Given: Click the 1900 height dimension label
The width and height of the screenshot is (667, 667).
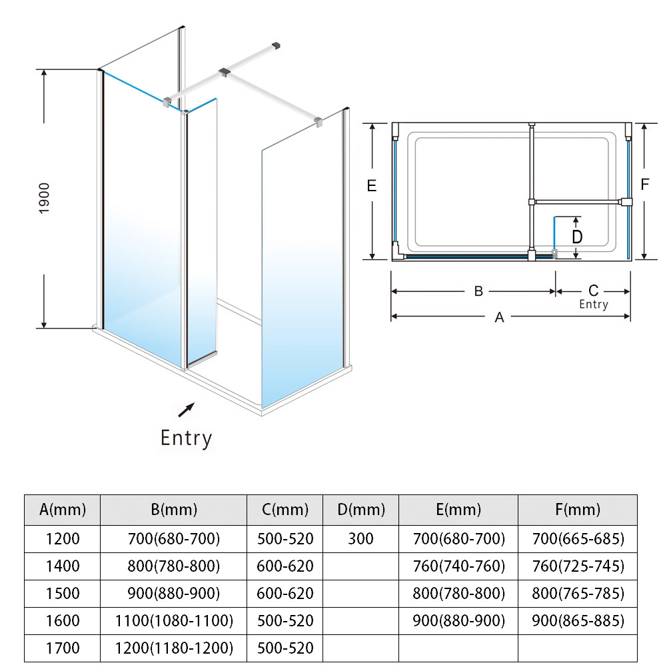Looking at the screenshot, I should (x=45, y=199).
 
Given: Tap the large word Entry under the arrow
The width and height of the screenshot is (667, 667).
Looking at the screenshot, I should (x=186, y=438).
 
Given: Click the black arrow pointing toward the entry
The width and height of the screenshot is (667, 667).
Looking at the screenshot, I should (x=186, y=410).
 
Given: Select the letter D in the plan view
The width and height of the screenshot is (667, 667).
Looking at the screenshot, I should (x=577, y=237).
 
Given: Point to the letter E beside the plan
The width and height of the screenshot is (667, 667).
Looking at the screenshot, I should (x=372, y=186).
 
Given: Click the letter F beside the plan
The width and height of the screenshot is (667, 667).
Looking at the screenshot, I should (x=644, y=185).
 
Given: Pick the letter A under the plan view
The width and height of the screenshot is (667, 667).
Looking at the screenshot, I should (x=499, y=318).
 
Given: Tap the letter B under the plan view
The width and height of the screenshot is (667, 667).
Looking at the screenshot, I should (x=478, y=291).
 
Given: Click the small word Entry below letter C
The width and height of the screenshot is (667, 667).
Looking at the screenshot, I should (x=593, y=304).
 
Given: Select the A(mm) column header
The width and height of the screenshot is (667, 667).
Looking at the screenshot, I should (x=63, y=510).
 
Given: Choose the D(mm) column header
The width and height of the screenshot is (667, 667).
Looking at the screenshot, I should (x=361, y=510).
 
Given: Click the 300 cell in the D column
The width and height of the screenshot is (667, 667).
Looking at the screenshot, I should (x=361, y=538).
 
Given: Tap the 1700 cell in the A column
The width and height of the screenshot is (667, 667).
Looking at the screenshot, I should (x=63, y=647).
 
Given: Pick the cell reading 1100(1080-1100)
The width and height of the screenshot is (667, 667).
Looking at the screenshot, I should (x=174, y=620).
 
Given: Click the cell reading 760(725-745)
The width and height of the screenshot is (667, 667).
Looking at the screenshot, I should (x=578, y=566).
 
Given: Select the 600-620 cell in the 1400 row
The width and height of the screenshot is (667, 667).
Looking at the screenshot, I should (x=285, y=566).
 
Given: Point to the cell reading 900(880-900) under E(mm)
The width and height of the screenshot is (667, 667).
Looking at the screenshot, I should (x=459, y=620).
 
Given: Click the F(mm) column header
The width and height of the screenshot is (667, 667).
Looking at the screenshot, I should (x=577, y=510).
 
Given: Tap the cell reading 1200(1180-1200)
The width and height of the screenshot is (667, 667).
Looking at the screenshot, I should (x=174, y=647).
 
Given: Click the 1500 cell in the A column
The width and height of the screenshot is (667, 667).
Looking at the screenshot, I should (x=63, y=593).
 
